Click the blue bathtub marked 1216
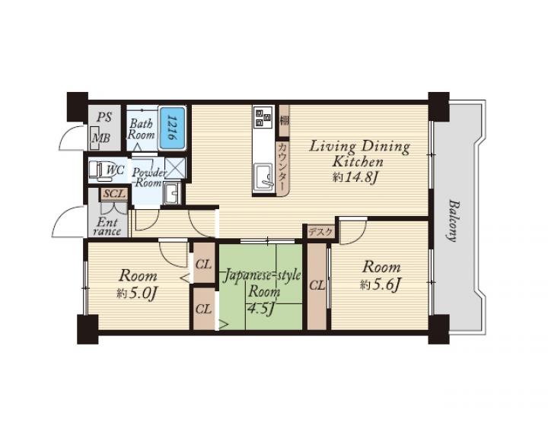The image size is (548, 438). click(x=173, y=128)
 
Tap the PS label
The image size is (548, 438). click(x=104, y=117)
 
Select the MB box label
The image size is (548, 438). click(x=101, y=138)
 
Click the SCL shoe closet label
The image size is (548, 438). click(x=114, y=194)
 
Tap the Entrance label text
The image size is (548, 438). click(x=107, y=227)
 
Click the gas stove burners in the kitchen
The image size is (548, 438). click(x=264, y=117)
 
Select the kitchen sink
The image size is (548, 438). click(x=264, y=178)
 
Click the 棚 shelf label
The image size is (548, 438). click(x=285, y=121)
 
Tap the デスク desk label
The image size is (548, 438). click(x=321, y=232)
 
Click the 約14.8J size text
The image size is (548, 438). click(x=355, y=178)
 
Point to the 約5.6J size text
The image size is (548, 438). click(x=380, y=286)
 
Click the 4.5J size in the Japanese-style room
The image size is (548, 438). click(x=261, y=309)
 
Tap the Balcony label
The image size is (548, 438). click(x=452, y=221)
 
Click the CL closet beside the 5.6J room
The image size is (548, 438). click(x=317, y=286)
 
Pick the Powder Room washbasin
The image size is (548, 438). click(x=172, y=192)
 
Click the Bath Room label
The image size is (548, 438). click(x=142, y=129)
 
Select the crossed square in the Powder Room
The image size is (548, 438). click(x=175, y=168)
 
